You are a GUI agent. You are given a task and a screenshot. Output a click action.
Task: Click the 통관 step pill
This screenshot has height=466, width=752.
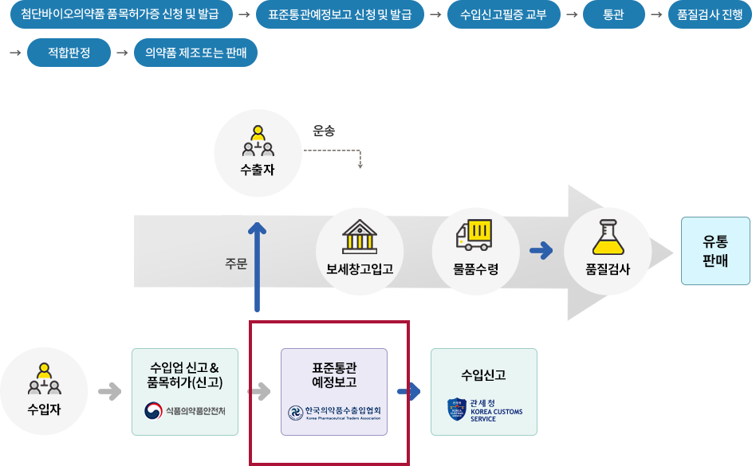(x=613, y=14)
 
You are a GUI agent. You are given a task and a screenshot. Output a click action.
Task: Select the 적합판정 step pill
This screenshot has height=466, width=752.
(x=69, y=53)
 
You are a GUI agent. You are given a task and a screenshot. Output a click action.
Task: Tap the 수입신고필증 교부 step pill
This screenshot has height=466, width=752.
(x=503, y=14)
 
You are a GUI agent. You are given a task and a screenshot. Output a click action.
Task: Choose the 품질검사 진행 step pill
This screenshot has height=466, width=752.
(x=710, y=14)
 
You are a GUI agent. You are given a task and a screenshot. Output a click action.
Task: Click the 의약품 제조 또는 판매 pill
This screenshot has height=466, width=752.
(x=195, y=53)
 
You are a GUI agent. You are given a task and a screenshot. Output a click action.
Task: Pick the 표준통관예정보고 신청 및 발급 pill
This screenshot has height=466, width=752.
(x=340, y=14)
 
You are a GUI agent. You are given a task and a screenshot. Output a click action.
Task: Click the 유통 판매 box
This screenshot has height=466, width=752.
(x=715, y=251)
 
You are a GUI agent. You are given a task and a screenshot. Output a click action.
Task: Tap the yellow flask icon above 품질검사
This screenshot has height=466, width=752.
(x=608, y=237)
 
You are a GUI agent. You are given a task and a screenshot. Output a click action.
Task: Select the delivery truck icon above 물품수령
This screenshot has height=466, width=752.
(x=474, y=235)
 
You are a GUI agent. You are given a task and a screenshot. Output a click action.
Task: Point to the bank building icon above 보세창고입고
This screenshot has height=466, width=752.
(x=359, y=237)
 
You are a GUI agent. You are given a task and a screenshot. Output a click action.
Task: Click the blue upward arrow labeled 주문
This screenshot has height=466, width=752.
(x=257, y=267)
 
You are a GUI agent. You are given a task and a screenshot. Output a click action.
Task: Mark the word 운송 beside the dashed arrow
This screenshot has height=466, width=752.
(x=324, y=131)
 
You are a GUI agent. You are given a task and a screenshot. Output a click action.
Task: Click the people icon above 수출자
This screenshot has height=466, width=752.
(x=258, y=141)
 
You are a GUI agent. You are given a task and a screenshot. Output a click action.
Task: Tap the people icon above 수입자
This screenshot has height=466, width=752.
(x=44, y=379)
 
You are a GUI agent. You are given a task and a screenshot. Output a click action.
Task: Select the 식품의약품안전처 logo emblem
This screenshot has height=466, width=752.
(x=153, y=410)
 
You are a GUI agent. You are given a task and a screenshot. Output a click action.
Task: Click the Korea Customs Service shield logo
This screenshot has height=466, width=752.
(x=457, y=409)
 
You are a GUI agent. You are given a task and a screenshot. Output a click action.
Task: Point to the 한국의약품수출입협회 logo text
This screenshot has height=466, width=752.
(x=343, y=413)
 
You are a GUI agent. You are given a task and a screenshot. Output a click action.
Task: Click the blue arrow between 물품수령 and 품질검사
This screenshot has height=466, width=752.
(x=541, y=250)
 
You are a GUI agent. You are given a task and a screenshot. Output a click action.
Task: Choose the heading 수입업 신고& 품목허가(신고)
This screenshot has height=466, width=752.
(x=185, y=375)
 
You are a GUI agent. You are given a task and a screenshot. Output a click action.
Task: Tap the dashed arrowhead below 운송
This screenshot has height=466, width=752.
(x=360, y=165)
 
